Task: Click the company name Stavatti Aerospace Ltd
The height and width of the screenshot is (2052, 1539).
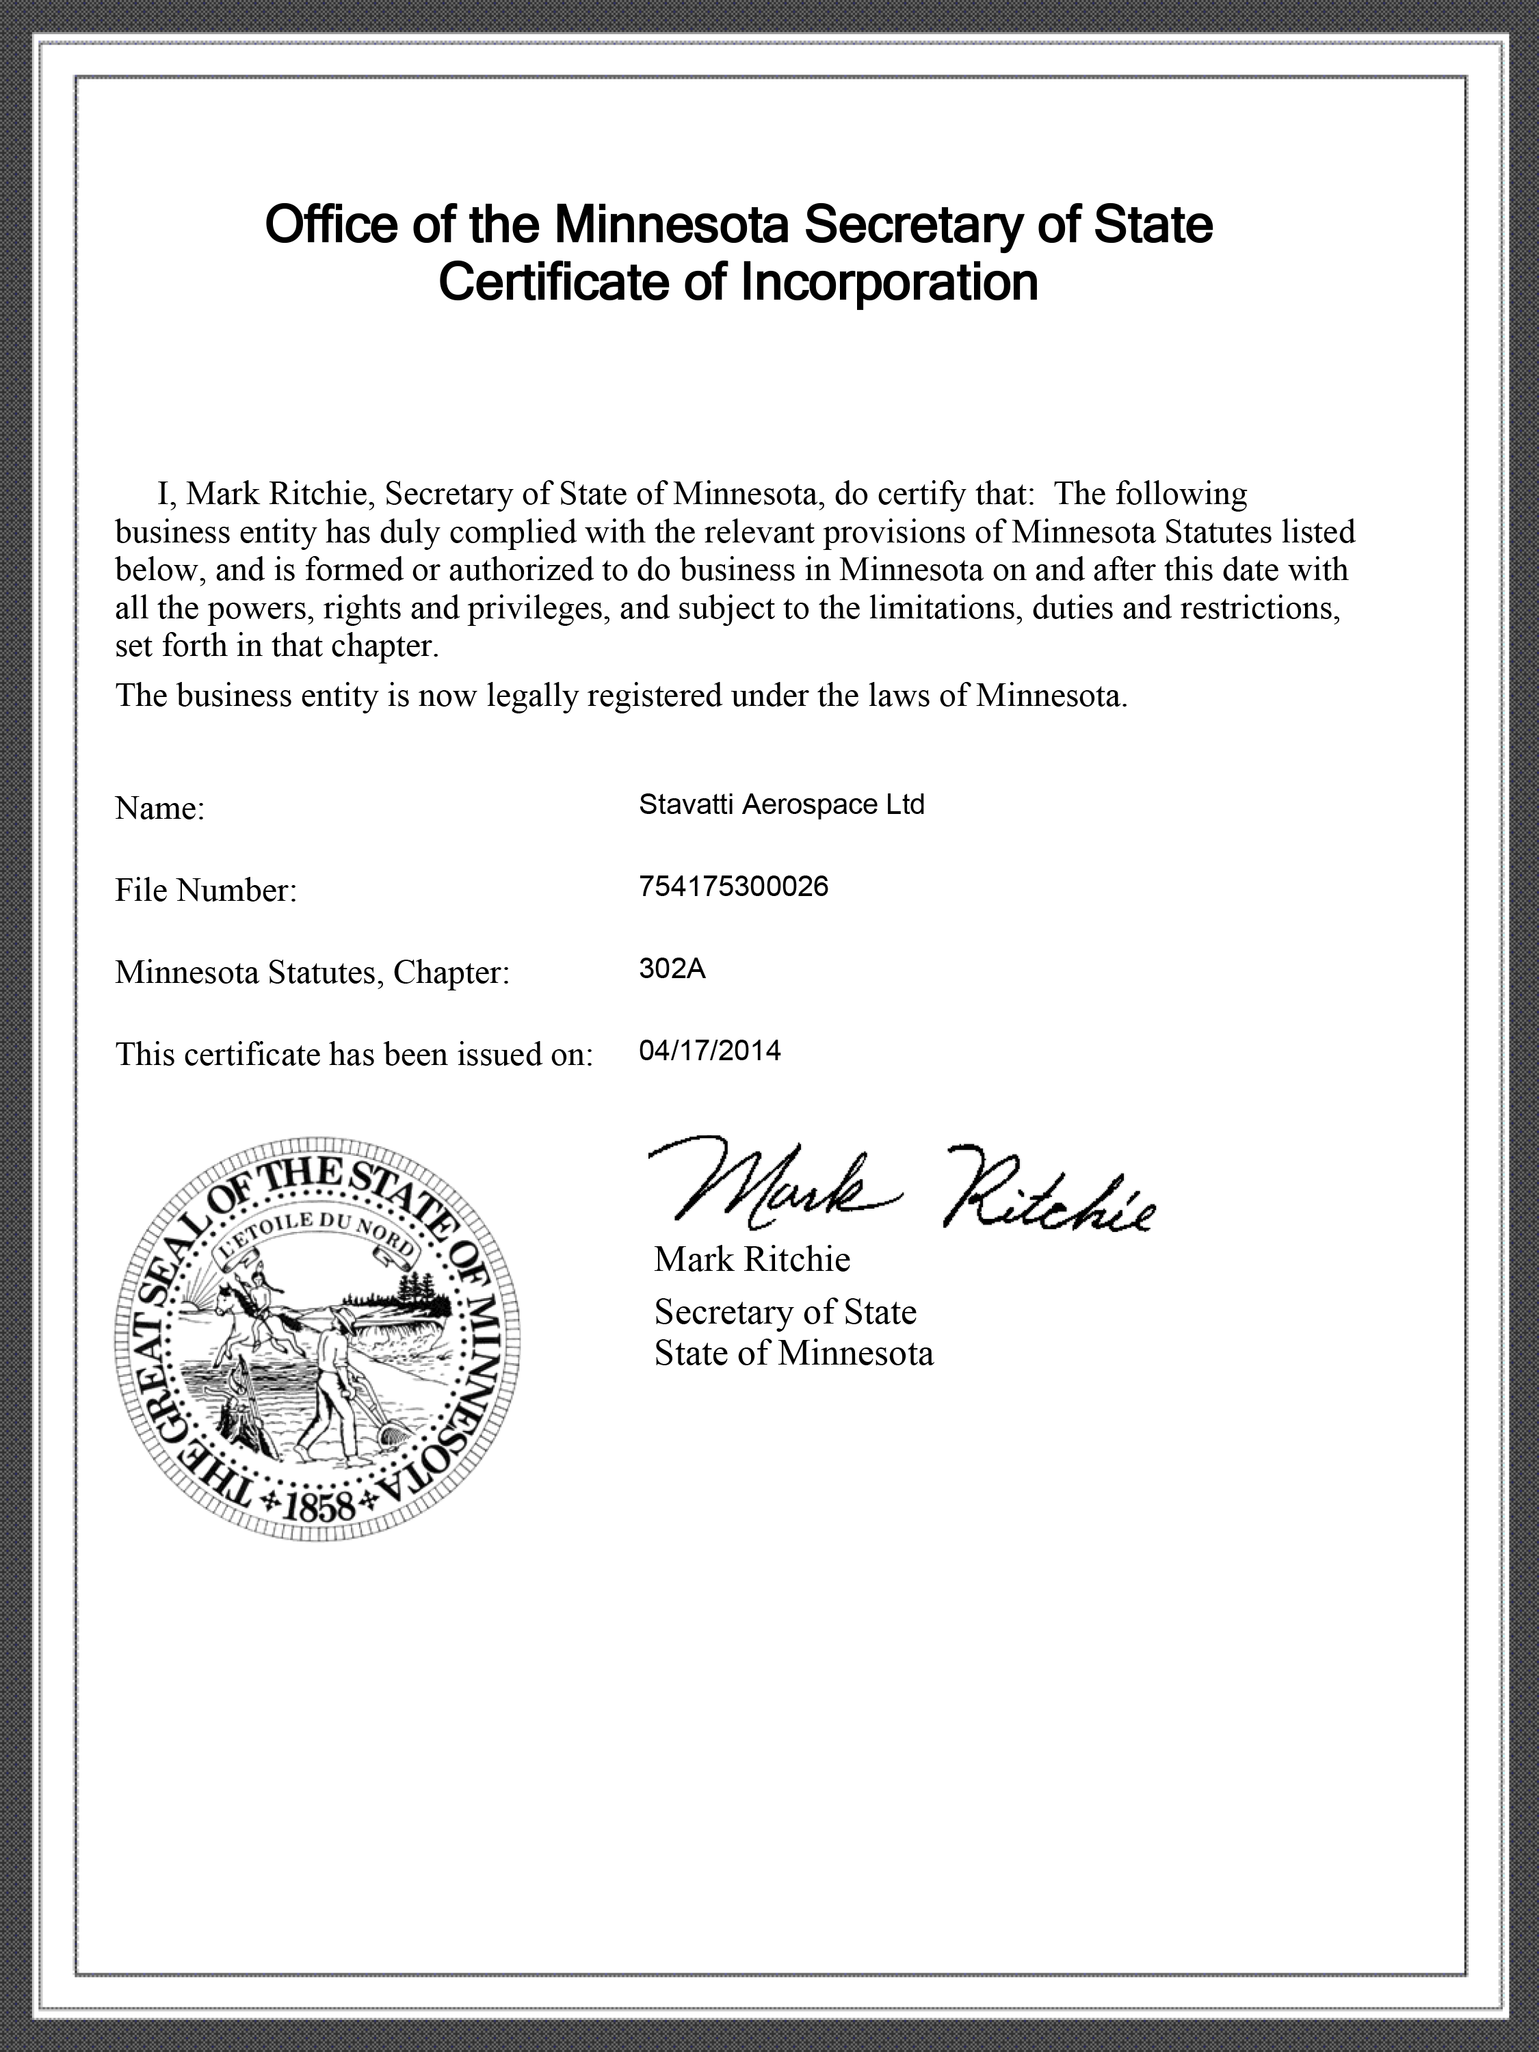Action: coord(781,804)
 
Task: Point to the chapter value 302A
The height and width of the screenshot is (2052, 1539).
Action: coord(672,969)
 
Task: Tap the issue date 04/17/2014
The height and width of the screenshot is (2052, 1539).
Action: coord(710,1050)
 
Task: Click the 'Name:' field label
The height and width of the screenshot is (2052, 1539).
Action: coord(159,809)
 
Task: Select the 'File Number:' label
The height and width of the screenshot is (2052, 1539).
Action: coord(206,891)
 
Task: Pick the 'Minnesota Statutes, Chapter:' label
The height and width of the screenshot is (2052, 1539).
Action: coord(313,972)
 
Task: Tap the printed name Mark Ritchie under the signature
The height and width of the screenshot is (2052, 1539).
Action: coord(752,1259)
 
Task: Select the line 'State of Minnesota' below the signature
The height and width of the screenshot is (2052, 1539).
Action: coord(793,1354)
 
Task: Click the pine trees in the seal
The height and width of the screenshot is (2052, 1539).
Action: coord(417,1285)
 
